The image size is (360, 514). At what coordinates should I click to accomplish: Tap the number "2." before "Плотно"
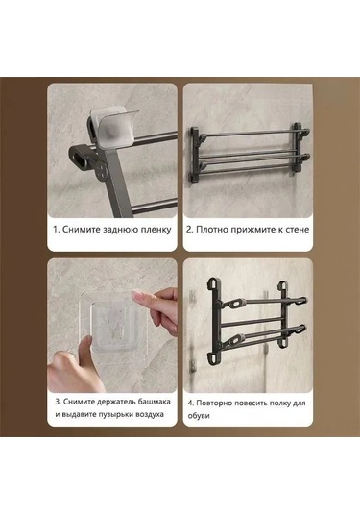coord(189,230)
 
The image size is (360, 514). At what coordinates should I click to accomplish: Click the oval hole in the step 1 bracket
coord(75,155)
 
